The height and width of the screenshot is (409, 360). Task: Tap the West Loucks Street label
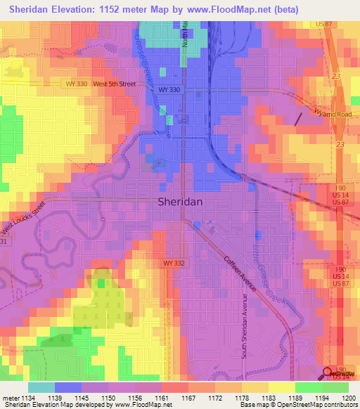[x=22, y=219]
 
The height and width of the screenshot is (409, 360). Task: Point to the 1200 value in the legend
[x=341, y=397]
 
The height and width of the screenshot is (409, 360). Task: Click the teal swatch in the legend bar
[x=41, y=387]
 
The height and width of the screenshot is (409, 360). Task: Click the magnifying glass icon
[x=329, y=373]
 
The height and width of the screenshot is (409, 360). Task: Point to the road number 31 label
[x=4, y=242]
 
